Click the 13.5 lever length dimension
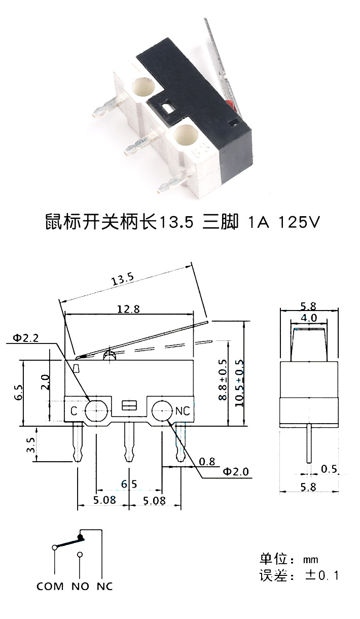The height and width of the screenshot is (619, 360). [x=122, y=279]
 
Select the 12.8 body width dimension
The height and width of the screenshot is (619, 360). [x=128, y=309]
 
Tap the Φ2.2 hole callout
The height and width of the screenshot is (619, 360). [x=26, y=338]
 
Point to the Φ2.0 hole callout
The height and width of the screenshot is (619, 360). [x=236, y=471]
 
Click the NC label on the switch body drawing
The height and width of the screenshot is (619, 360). [x=183, y=411]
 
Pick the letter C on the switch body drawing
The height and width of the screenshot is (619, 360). [x=74, y=411]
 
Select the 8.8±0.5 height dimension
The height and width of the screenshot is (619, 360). [x=223, y=380]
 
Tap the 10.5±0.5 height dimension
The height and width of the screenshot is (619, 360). [x=239, y=383]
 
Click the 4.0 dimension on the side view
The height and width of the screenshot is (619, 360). [x=309, y=318]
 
